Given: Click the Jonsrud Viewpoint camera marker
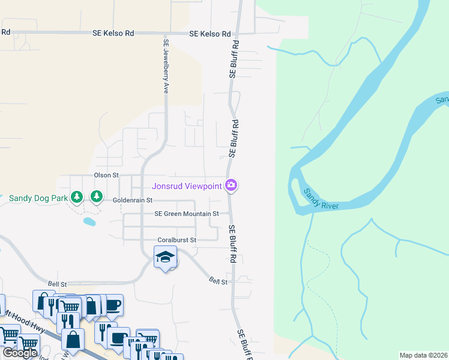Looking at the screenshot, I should pyautogui.click(x=231, y=185).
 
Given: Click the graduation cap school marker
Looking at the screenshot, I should pyautogui.click(x=165, y=257).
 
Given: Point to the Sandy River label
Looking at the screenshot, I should pyautogui.click(x=321, y=199).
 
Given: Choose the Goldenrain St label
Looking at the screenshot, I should pyautogui.click(x=133, y=200).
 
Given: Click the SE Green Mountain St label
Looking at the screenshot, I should pyautogui.click(x=186, y=213).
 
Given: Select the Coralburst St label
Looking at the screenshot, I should pyautogui.click(x=177, y=240).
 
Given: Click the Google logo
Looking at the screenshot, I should pyautogui.click(x=20, y=353).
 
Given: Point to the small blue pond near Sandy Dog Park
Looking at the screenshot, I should pyautogui.click(x=89, y=221).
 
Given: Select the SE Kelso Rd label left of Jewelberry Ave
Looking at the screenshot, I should pyautogui.click(x=113, y=34).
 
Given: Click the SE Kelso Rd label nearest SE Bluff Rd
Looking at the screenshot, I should pyautogui.click(x=210, y=34).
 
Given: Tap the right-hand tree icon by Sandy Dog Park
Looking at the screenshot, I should pyautogui.click(x=96, y=196).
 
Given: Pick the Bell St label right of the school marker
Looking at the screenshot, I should pyautogui.click(x=218, y=281).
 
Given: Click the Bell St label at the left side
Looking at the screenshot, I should pyautogui.click(x=57, y=282).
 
